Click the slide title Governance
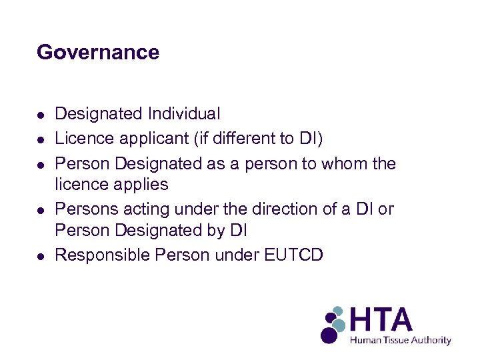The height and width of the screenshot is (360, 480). point(98,52)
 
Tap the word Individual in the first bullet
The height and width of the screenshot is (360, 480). point(183,115)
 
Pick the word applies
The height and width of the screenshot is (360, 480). point(141,185)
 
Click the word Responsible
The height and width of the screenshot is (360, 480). point(102,255)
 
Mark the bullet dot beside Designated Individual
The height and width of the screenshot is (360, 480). point(41,115)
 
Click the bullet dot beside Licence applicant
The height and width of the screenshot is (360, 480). point(41,139)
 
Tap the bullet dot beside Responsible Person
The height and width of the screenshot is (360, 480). point(41,255)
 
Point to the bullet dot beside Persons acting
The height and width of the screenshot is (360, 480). point(41,209)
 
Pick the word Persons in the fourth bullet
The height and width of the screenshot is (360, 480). point(82,209)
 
